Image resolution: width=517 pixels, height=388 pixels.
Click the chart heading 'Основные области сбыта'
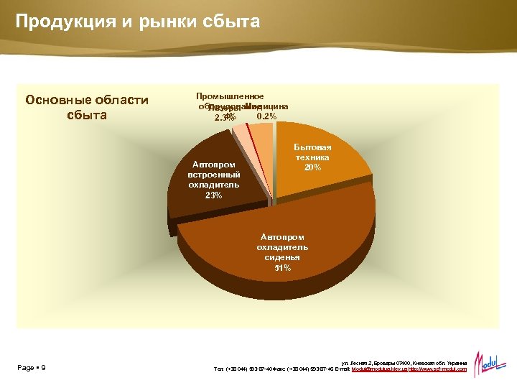87,107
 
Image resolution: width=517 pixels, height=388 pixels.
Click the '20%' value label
312,167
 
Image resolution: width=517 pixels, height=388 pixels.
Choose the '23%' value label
214,195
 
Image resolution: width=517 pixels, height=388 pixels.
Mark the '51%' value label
282,268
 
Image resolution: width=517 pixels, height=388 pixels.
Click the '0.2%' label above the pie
266,116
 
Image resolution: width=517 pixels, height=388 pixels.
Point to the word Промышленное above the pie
230,96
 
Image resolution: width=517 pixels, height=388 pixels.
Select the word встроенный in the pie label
214,175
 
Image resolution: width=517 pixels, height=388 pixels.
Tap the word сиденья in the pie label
282,257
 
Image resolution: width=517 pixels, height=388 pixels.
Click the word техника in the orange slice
313,157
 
